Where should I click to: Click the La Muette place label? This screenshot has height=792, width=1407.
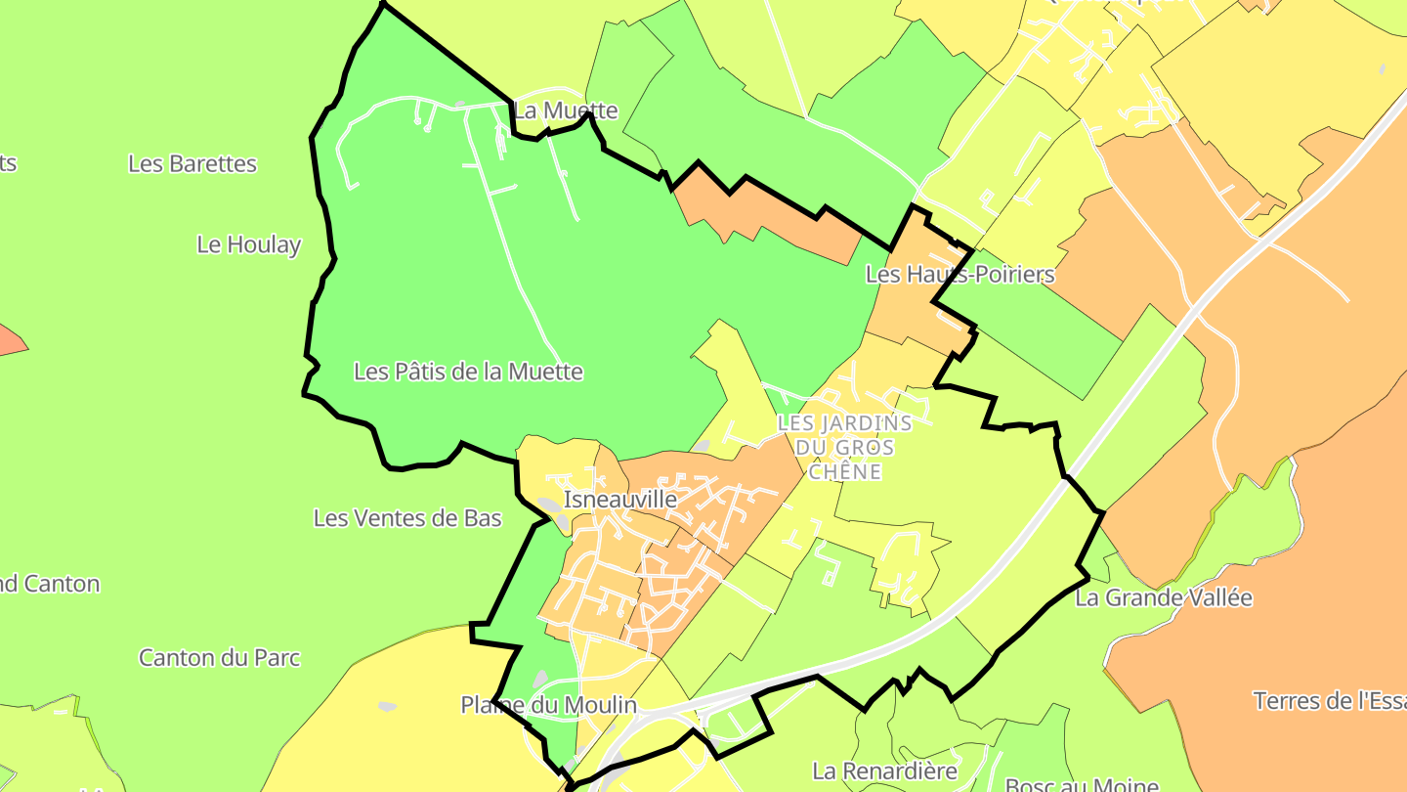[x=566, y=110]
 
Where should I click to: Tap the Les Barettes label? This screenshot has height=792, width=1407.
[x=192, y=163]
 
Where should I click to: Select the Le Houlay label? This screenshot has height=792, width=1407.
[x=249, y=244]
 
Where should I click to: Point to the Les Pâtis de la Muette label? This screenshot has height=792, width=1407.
[x=468, y=372]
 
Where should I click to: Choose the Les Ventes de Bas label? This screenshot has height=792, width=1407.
[x=407, y=518]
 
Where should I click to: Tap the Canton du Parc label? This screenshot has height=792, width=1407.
[x=219, y=657]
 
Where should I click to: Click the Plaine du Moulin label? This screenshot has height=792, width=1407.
[x=548, y=705]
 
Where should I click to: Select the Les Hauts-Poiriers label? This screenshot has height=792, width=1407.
[x=960, y=275]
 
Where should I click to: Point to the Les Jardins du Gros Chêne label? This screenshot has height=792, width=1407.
[x=845, y=447]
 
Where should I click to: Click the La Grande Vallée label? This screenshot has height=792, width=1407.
[x=1164, y=597]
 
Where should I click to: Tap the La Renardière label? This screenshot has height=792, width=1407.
[x=885, y=770]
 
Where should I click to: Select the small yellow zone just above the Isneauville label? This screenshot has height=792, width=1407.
[x=557, y=461]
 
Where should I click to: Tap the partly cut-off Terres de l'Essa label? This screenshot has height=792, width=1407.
[x=1329, y=700]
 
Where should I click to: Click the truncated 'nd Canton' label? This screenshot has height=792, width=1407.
[x=50, y=584]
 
